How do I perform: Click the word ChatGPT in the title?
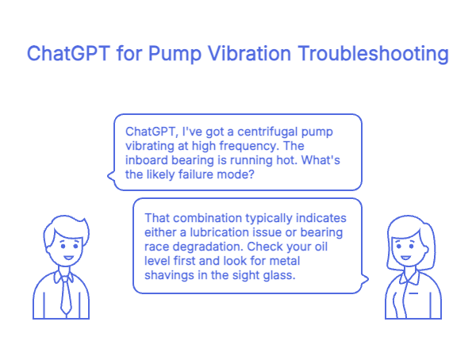click(x=66, y=54)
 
